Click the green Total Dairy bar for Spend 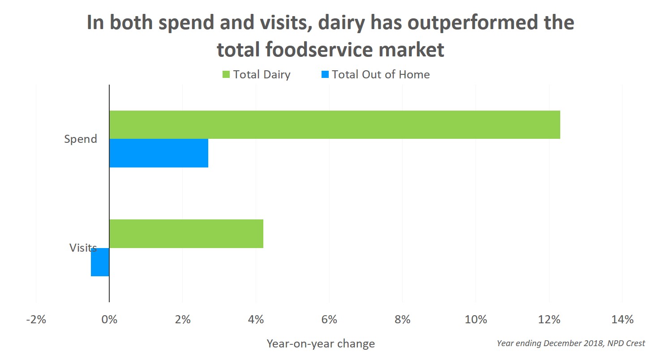[x=335, y=124]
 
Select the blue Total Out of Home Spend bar [x=159, y=153]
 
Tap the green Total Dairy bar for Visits [x=186, y=234]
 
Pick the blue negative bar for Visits [x=100, y=262]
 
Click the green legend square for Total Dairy [x=226, y=74]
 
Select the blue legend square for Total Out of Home [x=325, y=74]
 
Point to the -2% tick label [x=36, y=320]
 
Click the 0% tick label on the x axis [x=109, y=320]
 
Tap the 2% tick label [x=183, y=320]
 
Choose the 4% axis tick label [x=256, y=320]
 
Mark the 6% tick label [x=329, y=320]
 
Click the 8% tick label [x=403, y=320]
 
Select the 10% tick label [x=476, y=320]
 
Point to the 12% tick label [x=549, y=320]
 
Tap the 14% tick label [x=622, y=320]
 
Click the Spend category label [x=81, y=139]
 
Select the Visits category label [x=83, y=248]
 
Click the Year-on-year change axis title [x=321, y=344]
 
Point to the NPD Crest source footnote [x=571, y=343]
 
